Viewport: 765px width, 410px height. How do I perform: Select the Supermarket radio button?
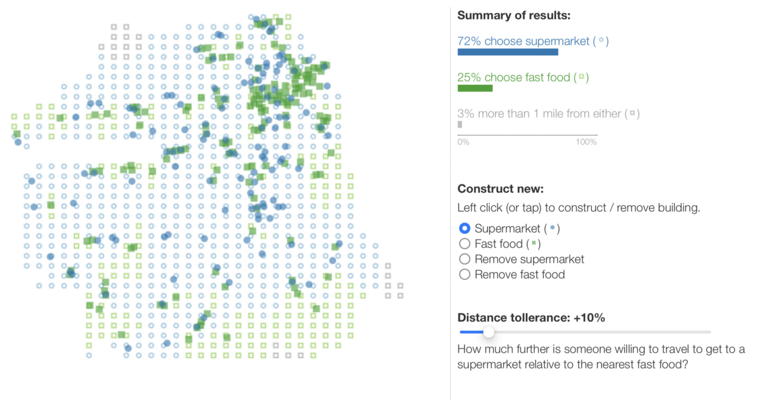(464, 228)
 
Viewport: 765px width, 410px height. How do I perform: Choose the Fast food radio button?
(464, 243)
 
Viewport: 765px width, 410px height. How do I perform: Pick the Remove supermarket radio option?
(464, 259)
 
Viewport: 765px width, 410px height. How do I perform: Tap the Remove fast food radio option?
(464, 274)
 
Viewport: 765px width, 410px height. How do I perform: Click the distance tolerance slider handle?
(489, 332)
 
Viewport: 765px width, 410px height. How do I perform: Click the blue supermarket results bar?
(508, 52)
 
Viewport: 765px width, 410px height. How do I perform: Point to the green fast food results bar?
(475, 88)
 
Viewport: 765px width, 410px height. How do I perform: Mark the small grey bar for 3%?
(460, 124)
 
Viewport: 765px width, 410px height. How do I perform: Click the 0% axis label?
(463, 142)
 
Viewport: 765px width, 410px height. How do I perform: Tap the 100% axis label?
(586, 142)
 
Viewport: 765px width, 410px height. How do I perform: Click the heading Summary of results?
(514, 15)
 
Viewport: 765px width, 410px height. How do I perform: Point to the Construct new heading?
(501, 189)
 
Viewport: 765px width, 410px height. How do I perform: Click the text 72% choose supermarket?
(523, 41)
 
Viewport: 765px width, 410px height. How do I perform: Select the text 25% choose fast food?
(514, 78)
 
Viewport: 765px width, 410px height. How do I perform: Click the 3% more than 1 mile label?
(539, 114)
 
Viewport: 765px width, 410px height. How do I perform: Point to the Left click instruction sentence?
(579, 207)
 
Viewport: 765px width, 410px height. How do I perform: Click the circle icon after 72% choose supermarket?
(601, 40)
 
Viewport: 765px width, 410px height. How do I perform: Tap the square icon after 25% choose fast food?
(581, 77)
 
